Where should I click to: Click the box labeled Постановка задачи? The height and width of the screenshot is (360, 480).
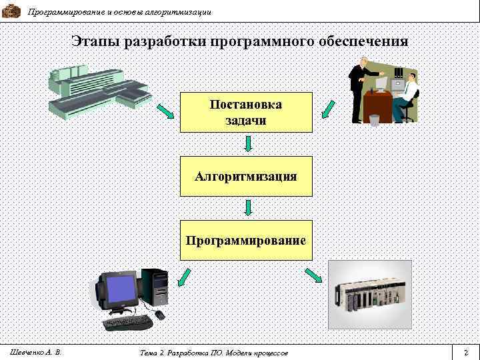pyautogui.click(x=246, y=112)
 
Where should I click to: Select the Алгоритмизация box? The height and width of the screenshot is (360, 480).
pyautogui.click(x=246, y=176)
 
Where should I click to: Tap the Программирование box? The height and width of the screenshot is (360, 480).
pyautogui.click(x=246, y=239)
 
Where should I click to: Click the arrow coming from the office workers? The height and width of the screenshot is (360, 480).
pyautogui.click(x=329, y=108)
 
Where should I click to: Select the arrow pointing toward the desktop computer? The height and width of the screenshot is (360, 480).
pyautogui.click(x=183, y=277)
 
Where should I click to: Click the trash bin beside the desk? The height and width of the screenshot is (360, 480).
pyautogui.click(x=375, y=120)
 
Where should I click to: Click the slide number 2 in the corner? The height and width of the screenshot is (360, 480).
pyautogui.click(x=466, y=351)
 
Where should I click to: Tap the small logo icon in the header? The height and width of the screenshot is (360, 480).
pyautogui.click(x=11, y=11)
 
